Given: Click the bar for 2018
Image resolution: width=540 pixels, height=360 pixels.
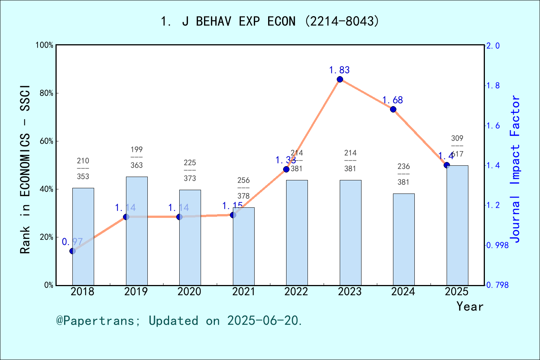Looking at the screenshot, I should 83,236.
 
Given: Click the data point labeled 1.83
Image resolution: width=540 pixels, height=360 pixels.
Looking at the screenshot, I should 340,79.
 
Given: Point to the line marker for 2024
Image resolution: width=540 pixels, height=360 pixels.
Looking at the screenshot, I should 393,109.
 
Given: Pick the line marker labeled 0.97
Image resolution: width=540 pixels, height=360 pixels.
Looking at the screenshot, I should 73,251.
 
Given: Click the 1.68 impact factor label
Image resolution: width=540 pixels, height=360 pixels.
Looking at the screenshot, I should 392,100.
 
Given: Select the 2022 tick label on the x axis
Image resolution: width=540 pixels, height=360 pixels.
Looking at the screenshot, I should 296,291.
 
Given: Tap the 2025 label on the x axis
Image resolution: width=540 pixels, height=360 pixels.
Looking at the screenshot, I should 457,291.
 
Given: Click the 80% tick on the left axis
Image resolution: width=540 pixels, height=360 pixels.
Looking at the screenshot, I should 46,93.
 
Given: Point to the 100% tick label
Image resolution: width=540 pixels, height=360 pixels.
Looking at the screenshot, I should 45,45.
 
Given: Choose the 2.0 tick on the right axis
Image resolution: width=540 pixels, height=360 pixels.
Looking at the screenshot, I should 493,46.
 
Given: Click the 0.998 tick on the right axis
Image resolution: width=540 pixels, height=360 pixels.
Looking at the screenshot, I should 498,245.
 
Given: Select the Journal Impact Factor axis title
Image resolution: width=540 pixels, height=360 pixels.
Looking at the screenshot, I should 515,169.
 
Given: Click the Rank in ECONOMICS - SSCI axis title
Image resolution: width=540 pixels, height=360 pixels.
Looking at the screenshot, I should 25,169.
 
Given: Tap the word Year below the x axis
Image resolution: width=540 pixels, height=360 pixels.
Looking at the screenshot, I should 469,306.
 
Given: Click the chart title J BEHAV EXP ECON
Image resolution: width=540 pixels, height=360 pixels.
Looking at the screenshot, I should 270,21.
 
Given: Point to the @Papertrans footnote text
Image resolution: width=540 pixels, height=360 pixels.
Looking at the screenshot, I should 179,321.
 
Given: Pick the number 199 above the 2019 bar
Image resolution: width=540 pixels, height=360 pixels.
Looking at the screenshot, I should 136,150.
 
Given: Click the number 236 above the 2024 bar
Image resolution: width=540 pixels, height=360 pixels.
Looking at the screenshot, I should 403,166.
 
